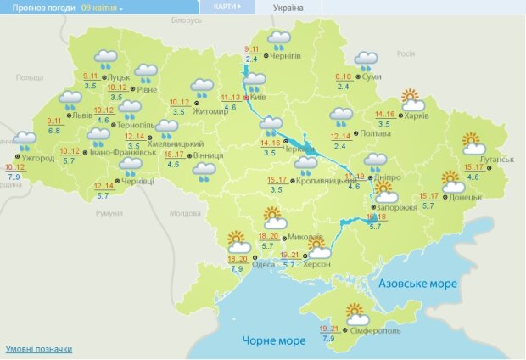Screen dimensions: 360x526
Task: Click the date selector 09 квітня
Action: tap(102, 7)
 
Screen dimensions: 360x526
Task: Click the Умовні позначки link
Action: tap(39, 349)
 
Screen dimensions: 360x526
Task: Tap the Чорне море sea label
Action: tap(273, 340)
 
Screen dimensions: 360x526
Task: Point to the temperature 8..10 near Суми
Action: tap(345, 77)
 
